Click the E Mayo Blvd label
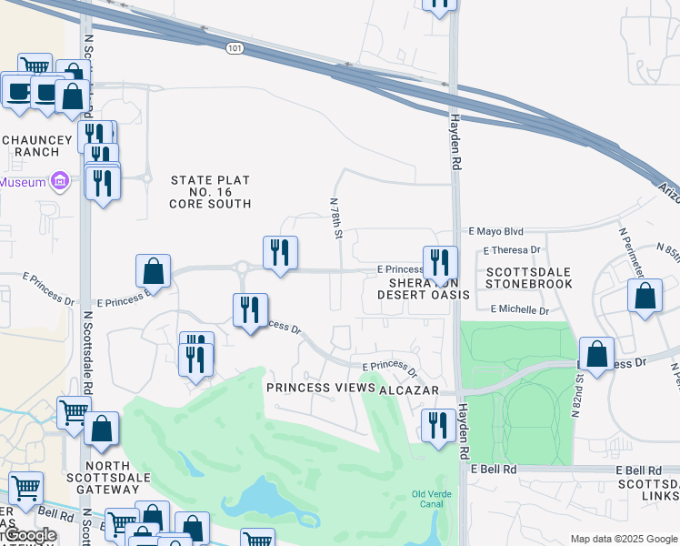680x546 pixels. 496,232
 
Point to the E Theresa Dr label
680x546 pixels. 512,249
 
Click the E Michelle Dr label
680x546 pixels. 519,310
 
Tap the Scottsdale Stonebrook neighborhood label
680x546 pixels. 529,278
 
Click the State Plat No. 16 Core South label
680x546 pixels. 210,192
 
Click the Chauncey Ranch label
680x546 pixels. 30,146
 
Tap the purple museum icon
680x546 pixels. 60,182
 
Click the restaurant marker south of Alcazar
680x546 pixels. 439,425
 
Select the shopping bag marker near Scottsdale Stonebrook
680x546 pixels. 645,296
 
